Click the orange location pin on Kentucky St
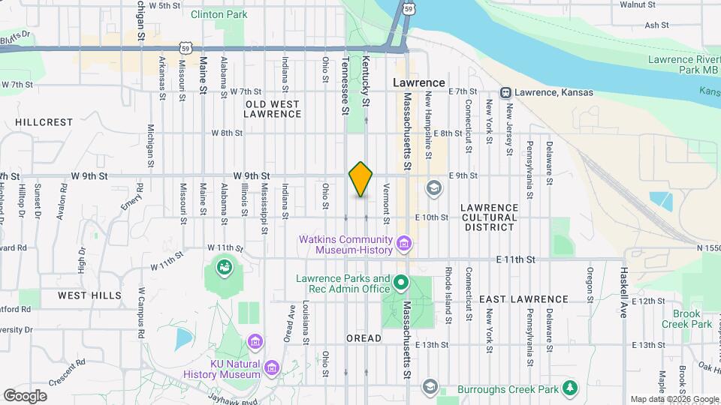click(x=361, y=179)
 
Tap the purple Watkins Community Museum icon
click(x=404, y=244)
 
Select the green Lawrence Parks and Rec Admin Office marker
click(x=401, y=283)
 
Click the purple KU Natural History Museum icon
click(x=271, y=367)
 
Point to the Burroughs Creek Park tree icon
click(x=571, y=388)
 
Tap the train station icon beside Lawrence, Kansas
click(x=506, y=92)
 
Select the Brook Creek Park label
click(x=686, y=319)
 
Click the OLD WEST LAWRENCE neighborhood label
click(x=273, y=109)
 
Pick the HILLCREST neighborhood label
click(x=45, y=121)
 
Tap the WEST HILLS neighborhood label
click(x=89, y=295)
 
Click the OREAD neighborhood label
click(x=364, y=338)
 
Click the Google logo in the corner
click(x=25, y=395)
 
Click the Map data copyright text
click(x=674, y=399)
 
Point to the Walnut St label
click(x=639, y=4)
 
